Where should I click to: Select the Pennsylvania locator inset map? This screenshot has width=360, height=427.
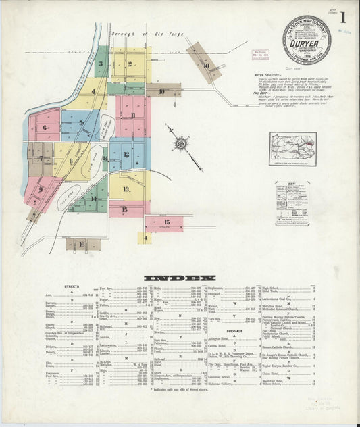292,148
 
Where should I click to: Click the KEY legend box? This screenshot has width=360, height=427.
292,203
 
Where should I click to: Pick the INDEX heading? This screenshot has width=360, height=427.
180,278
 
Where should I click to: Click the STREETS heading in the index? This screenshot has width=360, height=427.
72,287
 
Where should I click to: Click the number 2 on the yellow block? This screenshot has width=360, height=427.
129,65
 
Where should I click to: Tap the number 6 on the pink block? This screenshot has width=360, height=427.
45,127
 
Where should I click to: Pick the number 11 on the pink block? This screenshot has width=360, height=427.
133,115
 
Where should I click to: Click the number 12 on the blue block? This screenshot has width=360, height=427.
126,155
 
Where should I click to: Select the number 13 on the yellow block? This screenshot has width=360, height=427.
126,189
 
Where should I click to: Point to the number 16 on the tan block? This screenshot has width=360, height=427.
81,245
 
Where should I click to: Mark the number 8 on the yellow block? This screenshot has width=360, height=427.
71,161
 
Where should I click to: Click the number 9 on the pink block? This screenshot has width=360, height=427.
40,190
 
